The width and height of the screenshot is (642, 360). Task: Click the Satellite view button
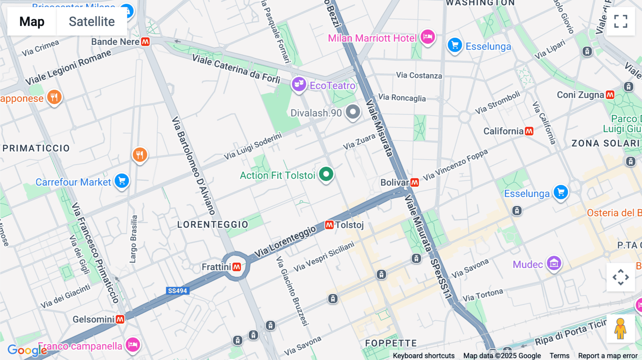[x=92, y=22]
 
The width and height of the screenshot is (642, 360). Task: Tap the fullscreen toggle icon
[x=621, y=21]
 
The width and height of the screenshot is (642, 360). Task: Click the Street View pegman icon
[x=620, y=329]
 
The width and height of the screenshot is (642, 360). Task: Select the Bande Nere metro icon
[x=146, y=42]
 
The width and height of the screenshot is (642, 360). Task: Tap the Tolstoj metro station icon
[x=329, y=225]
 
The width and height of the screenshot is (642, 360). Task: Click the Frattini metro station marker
[x=237, y=267]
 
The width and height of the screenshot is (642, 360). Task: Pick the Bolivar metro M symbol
[x=414, y=182]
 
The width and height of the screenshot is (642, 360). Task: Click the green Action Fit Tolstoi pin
[x=326, y=175]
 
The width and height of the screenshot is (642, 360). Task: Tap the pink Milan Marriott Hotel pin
[x=428, y=37]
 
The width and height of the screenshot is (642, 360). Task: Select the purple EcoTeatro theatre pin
[x=299, y=84]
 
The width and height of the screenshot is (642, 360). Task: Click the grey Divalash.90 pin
[x=353, y=112]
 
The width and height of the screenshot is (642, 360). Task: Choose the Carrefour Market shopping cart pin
[x=122, y=181]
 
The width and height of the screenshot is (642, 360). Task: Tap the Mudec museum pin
[x=554, y=264]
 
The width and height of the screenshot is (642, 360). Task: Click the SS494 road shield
[x=177, y=291]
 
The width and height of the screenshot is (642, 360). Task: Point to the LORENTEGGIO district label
[x=213, y=225]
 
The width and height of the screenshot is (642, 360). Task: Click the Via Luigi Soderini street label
[x=253, y=146]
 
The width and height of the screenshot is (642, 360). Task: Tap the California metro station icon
[x=529, y=131]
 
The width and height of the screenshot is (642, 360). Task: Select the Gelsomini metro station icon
[x=120, y=319]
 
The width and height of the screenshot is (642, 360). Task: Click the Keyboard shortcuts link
[x=423, y=356]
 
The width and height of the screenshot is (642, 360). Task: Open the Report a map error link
[x=607, y=356]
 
